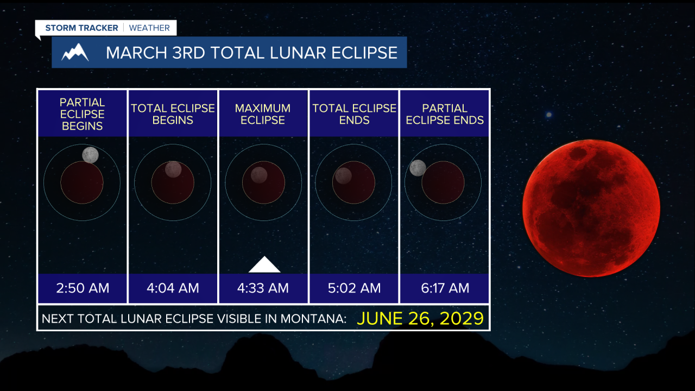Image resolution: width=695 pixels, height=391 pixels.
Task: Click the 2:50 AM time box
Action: pyautogui.click(x=83, y=288)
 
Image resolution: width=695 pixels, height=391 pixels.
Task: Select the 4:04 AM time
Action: pyautogui.click(x=173, y=288)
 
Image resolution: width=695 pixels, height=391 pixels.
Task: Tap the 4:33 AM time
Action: pyautogui.click(x=263, y=288)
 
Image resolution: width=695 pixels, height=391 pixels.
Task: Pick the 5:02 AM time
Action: pyautogui.click(x=354, y=288)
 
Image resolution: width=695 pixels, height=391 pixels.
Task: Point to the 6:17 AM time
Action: pyautogui.click(x=445, y=288)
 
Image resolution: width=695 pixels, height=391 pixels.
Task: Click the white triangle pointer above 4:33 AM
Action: pyautogui.click(x=264, y=264)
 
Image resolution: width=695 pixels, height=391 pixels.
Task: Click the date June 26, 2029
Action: pyautogui.click(x=420, y=318)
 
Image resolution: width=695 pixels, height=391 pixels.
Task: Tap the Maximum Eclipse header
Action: pyautogui.click(x=263, y=114)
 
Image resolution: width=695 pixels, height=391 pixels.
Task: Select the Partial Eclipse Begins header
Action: pyautogui.click(x=82, y=114)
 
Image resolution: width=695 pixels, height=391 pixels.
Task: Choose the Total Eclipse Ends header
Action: pyautogui.click(x=354, y=114)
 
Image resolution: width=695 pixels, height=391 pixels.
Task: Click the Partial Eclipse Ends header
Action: pyautogui.click(x=445, y=114)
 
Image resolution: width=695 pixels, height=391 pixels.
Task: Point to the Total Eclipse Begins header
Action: pyautogui.click(x=173, y=114)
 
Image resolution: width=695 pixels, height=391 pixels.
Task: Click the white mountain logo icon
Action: pyautogui.click(x=75, y=52)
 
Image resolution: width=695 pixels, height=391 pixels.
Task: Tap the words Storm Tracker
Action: pyautogui.click(x=81, y=28)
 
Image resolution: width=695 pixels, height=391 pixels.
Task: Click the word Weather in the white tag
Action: pyautogui.click(x=149, y=28)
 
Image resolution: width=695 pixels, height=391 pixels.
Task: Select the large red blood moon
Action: pyautogui.click(x=591, y=208)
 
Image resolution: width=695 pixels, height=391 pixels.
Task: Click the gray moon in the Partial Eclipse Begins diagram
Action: pyautogui.click(x=90, y=155)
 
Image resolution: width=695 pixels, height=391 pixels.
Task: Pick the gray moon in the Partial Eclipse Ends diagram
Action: pyautogui.click(x=418, y=168)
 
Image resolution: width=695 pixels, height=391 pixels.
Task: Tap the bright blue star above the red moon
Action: pyautogui.click(x=549, y=115)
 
